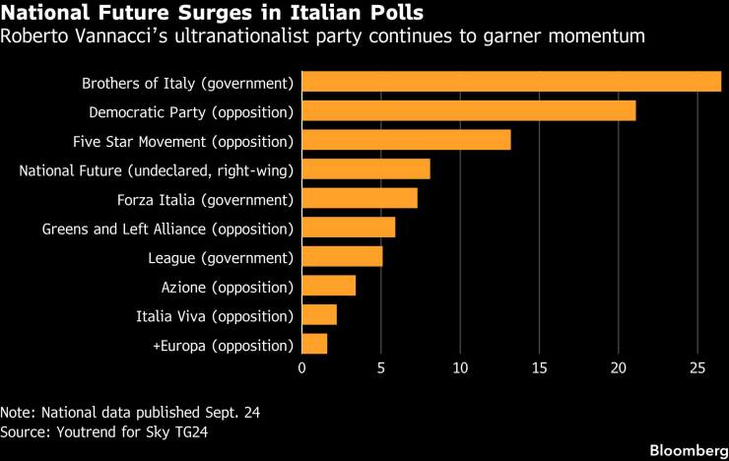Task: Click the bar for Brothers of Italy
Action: [511, 82]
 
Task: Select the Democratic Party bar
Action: [469, 110]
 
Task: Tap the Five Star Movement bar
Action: [406, 140]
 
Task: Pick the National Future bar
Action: [365, 169]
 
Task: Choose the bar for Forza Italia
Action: [360, 198]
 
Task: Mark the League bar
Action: [342, 256]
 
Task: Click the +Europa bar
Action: [314, 344]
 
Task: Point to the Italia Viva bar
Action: [319, 314]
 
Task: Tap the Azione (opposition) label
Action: [228, 288]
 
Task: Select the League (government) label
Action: [221, 258]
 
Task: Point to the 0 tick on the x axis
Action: [301, 368]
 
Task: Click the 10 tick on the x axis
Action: [460, 368]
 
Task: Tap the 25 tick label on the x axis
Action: [697, 368]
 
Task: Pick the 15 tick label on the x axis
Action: [539, 368]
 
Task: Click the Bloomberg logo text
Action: [689, 450]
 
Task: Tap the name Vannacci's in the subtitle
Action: [119, 35]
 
